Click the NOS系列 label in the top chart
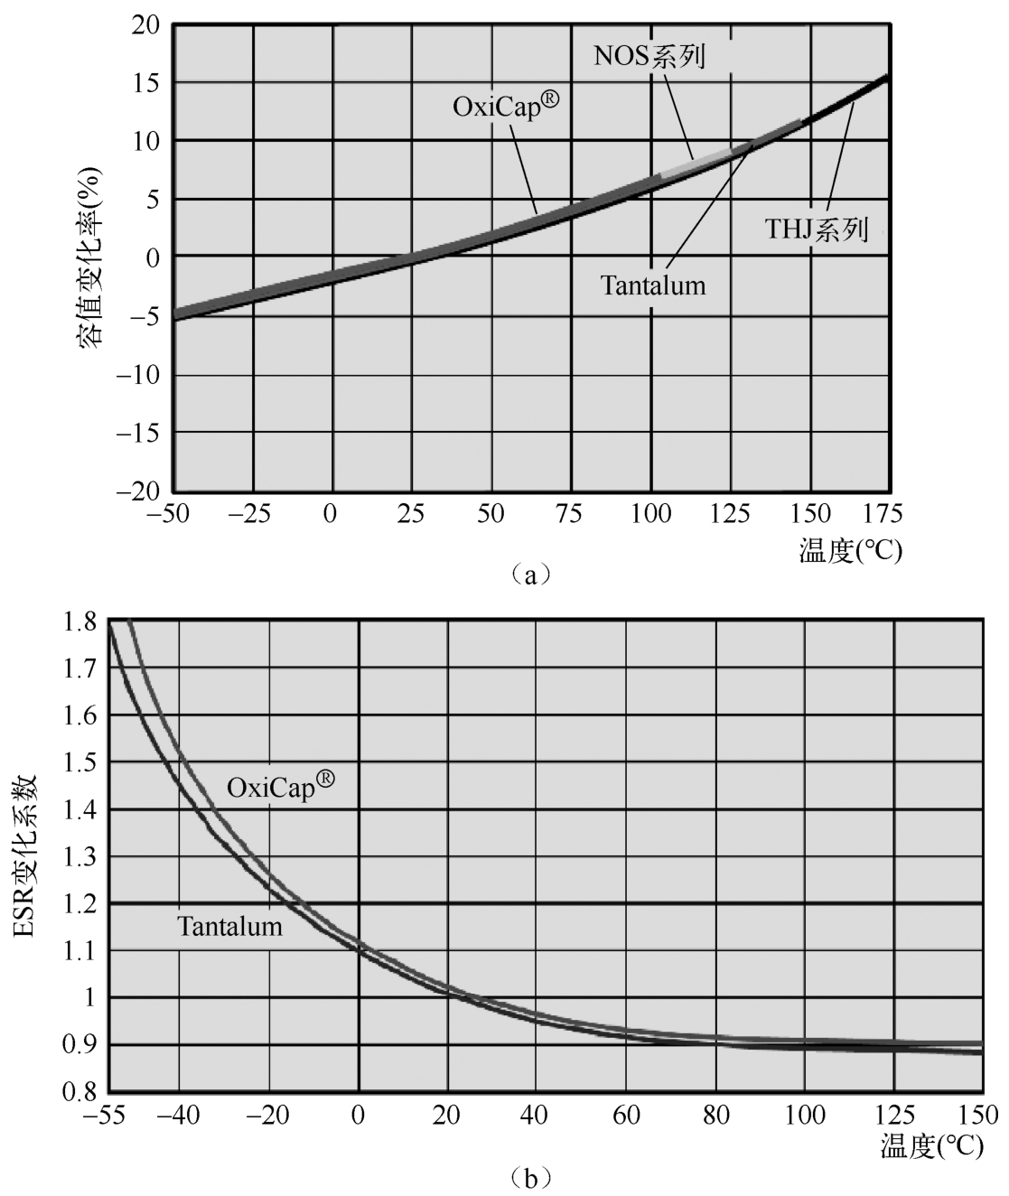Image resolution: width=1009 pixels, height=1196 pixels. (649, 56)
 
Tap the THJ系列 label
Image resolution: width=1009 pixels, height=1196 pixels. (817, 229)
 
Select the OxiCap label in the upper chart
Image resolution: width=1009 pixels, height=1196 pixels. (507, 107)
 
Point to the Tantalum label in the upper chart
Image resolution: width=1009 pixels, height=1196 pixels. (653, 286)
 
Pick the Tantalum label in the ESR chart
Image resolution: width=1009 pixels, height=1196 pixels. (229, 927)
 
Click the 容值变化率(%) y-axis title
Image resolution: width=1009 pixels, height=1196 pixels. (89, 257)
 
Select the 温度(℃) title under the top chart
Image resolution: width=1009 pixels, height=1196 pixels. (850, 550)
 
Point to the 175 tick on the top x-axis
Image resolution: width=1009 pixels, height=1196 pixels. (883, 515)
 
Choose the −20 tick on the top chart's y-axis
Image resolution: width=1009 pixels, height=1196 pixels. (136, 491)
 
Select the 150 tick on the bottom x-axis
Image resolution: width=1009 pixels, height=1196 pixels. (982, 1114)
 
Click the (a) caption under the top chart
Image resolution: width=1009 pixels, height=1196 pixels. (529, 575)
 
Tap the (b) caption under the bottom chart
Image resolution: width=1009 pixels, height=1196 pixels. (529, 1178)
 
